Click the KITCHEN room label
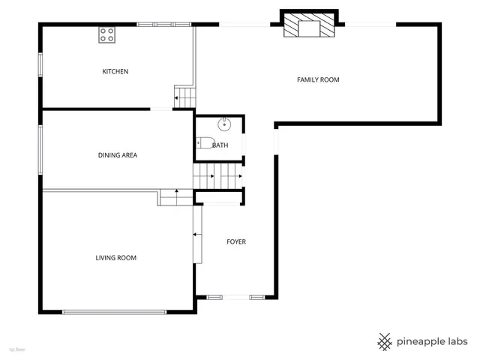pos(115,72)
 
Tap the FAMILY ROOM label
pos(319,79)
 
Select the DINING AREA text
pos(118,156)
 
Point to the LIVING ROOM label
pos(115,258)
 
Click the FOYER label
pos(236,242)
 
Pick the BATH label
pos(220,145)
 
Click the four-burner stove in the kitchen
pos(107,34)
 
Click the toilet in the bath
pos(205,143)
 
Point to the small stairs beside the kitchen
pos(184,97)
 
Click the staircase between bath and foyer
pos(219,177)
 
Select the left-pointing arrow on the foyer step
pos(196,234)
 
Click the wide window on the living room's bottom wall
pos(116,312)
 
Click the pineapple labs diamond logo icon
pos(385,341)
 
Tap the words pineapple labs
pos(433,341)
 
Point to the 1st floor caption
pos(17,349)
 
